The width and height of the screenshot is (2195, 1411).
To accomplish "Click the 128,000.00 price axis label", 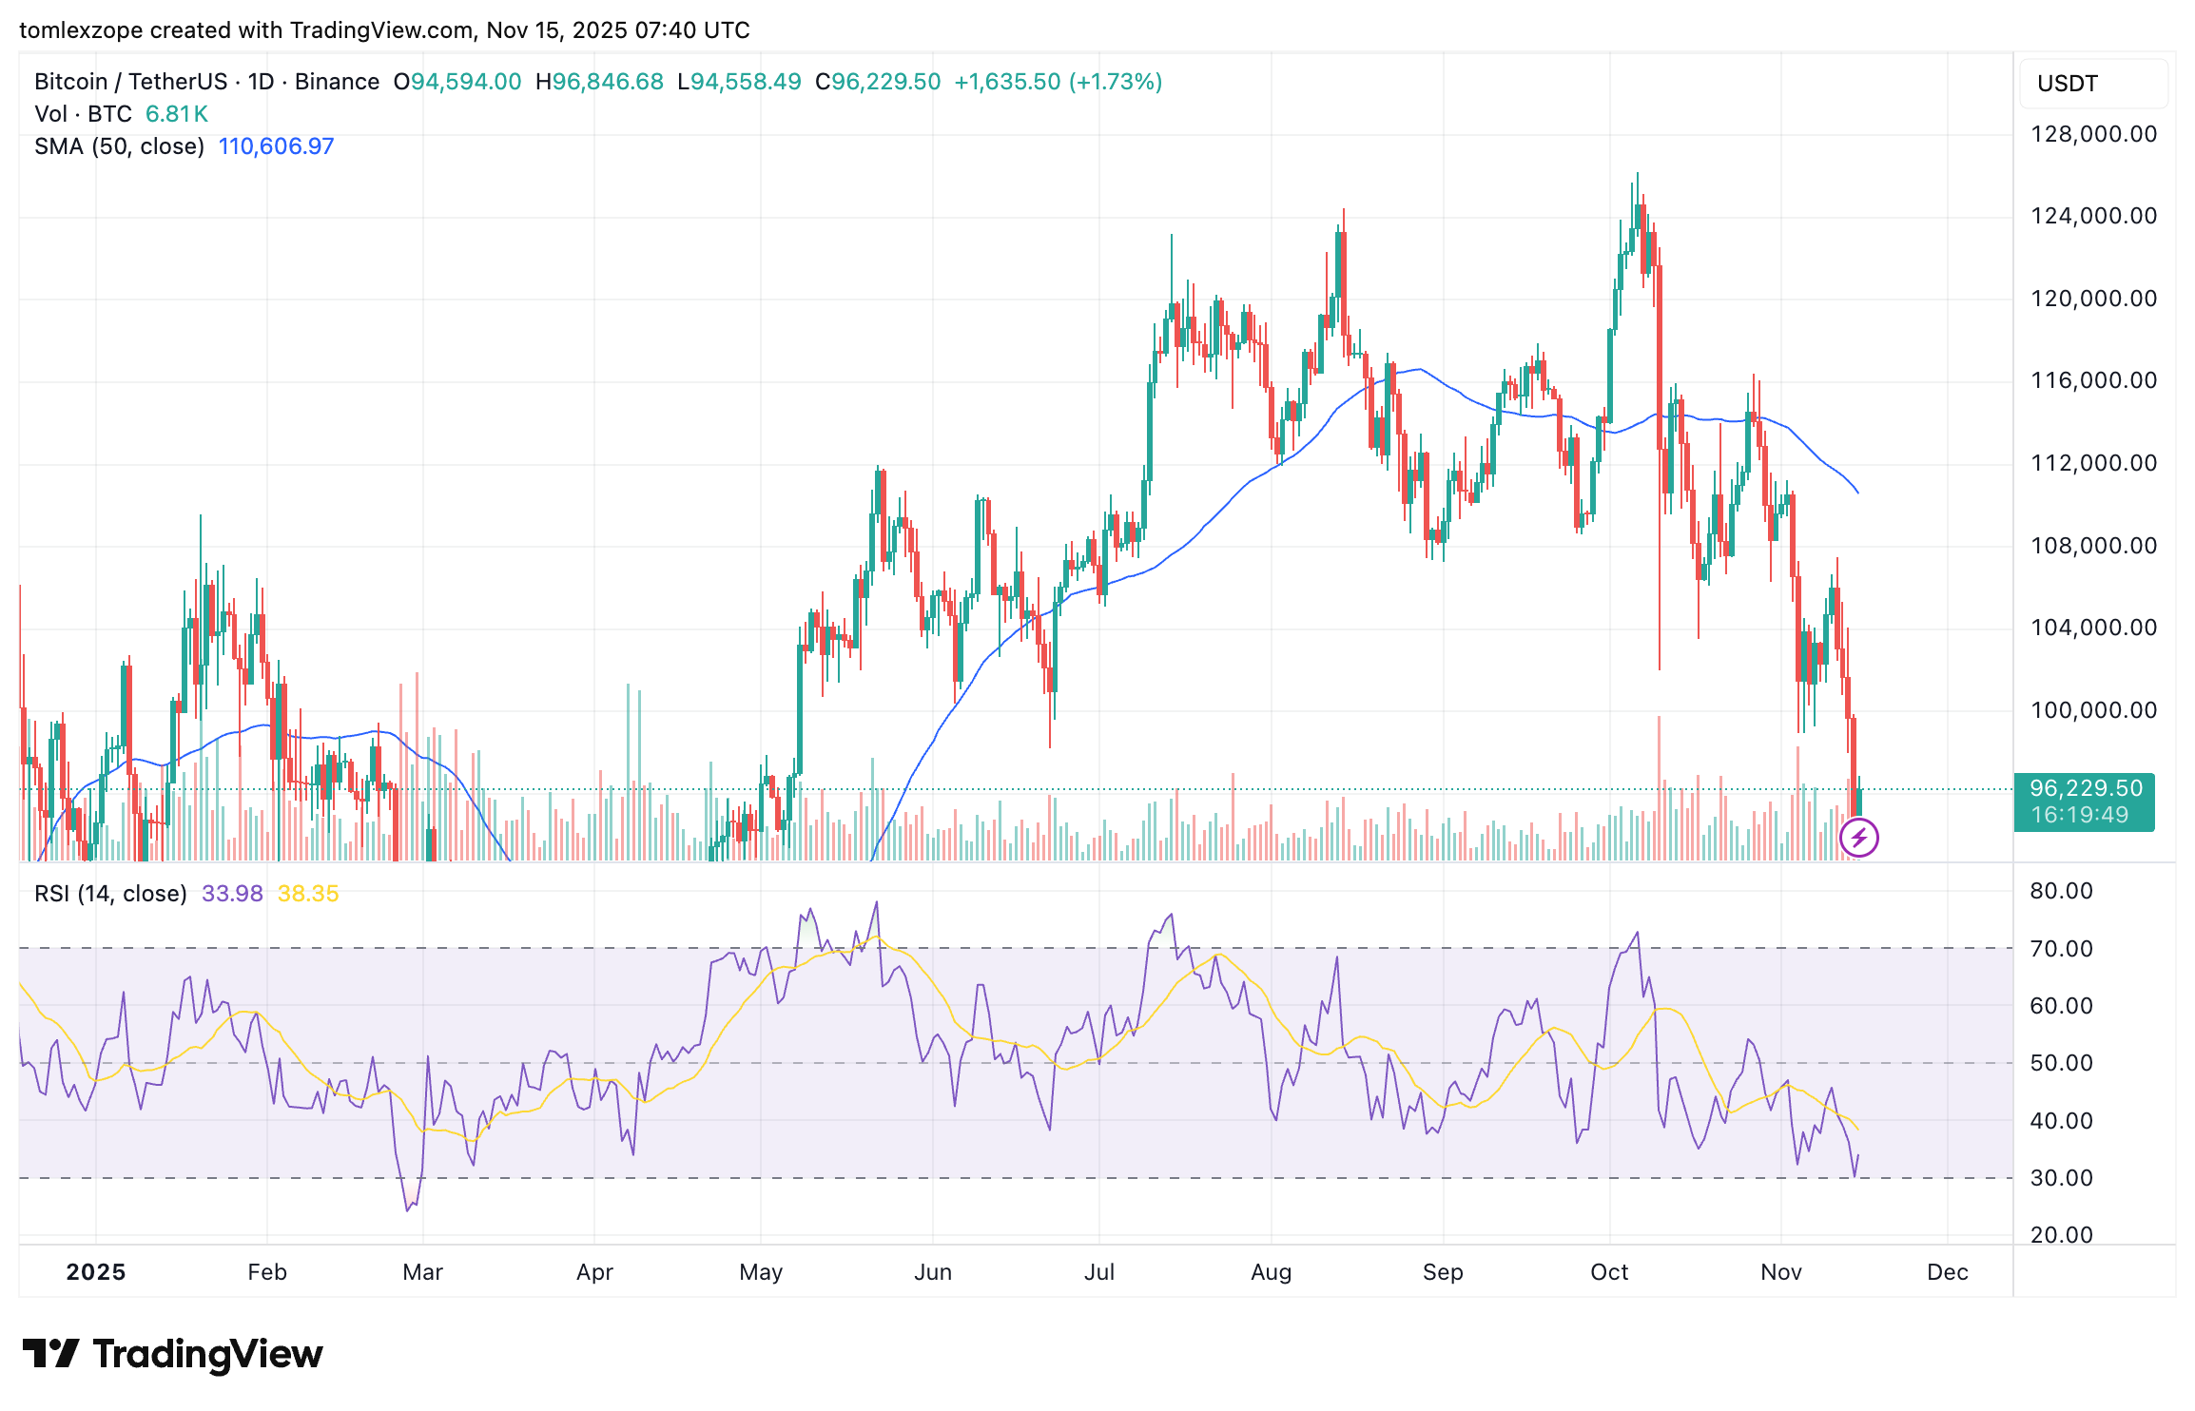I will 2093,134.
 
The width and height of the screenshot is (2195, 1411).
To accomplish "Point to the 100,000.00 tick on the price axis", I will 2093,710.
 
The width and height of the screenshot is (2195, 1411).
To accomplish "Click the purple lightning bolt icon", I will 1858,839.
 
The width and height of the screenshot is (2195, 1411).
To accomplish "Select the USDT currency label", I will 2067,84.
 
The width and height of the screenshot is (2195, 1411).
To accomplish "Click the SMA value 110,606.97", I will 276,146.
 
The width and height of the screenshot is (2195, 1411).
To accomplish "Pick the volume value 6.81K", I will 176,114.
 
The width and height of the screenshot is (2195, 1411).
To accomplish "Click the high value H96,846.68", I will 599,82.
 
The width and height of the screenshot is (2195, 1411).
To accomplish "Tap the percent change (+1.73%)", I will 1116,82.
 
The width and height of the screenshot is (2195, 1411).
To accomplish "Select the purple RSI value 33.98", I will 232,894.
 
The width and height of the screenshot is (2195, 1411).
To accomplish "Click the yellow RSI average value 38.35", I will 308,894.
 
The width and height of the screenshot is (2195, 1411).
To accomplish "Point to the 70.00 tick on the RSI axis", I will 2061,949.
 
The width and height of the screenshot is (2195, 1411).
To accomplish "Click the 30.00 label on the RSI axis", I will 2061,1178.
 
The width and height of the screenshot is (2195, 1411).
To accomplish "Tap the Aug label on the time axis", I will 1271,1272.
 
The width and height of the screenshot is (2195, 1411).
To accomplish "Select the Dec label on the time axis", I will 1947,1272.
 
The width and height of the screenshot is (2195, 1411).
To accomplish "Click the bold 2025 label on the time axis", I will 96,1272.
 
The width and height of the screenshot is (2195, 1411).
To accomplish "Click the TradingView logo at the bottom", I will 172,1354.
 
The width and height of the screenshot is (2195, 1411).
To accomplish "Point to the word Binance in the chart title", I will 337,82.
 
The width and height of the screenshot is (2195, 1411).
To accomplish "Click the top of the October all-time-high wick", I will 1637,174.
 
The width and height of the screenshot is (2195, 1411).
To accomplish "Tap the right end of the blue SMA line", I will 1857,492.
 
